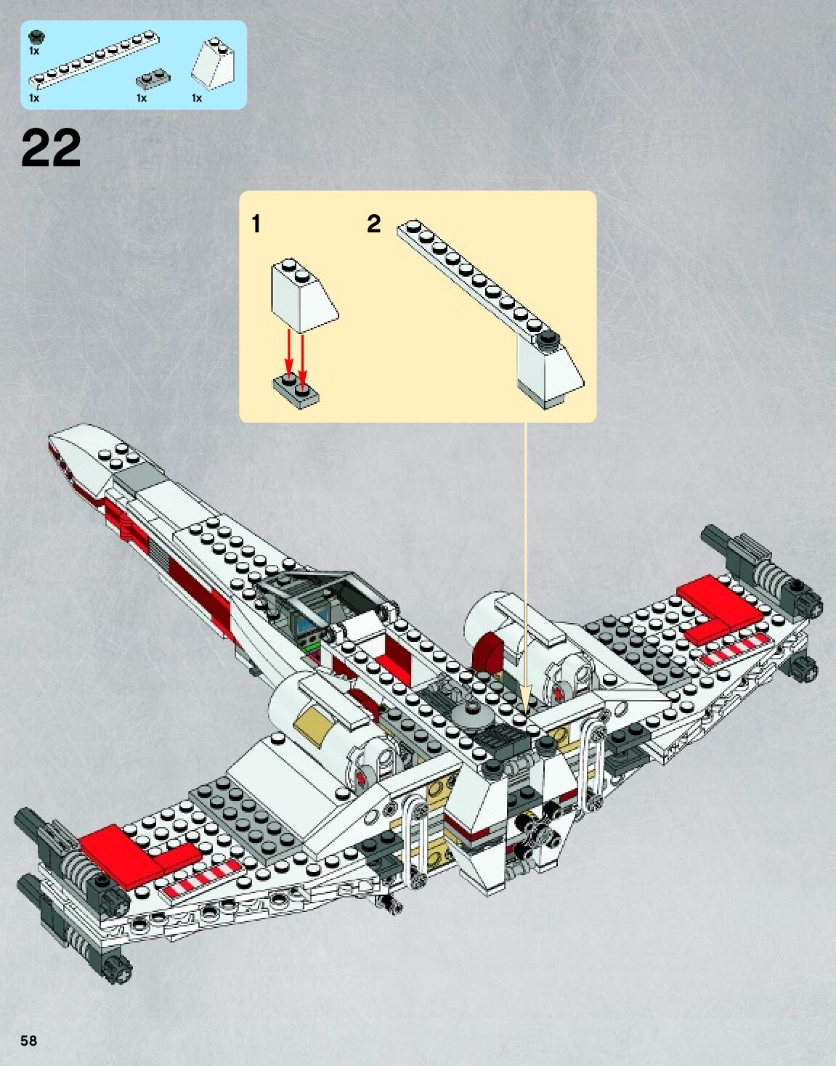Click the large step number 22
coord(51,149)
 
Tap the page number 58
coord(28,1040)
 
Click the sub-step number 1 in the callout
coord(256,224)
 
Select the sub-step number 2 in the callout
coord(373,224)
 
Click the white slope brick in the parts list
coord(214,64)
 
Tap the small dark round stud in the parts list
coord(36,36)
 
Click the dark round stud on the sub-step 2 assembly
coord(550,337)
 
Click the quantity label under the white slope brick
coord(196,98)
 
